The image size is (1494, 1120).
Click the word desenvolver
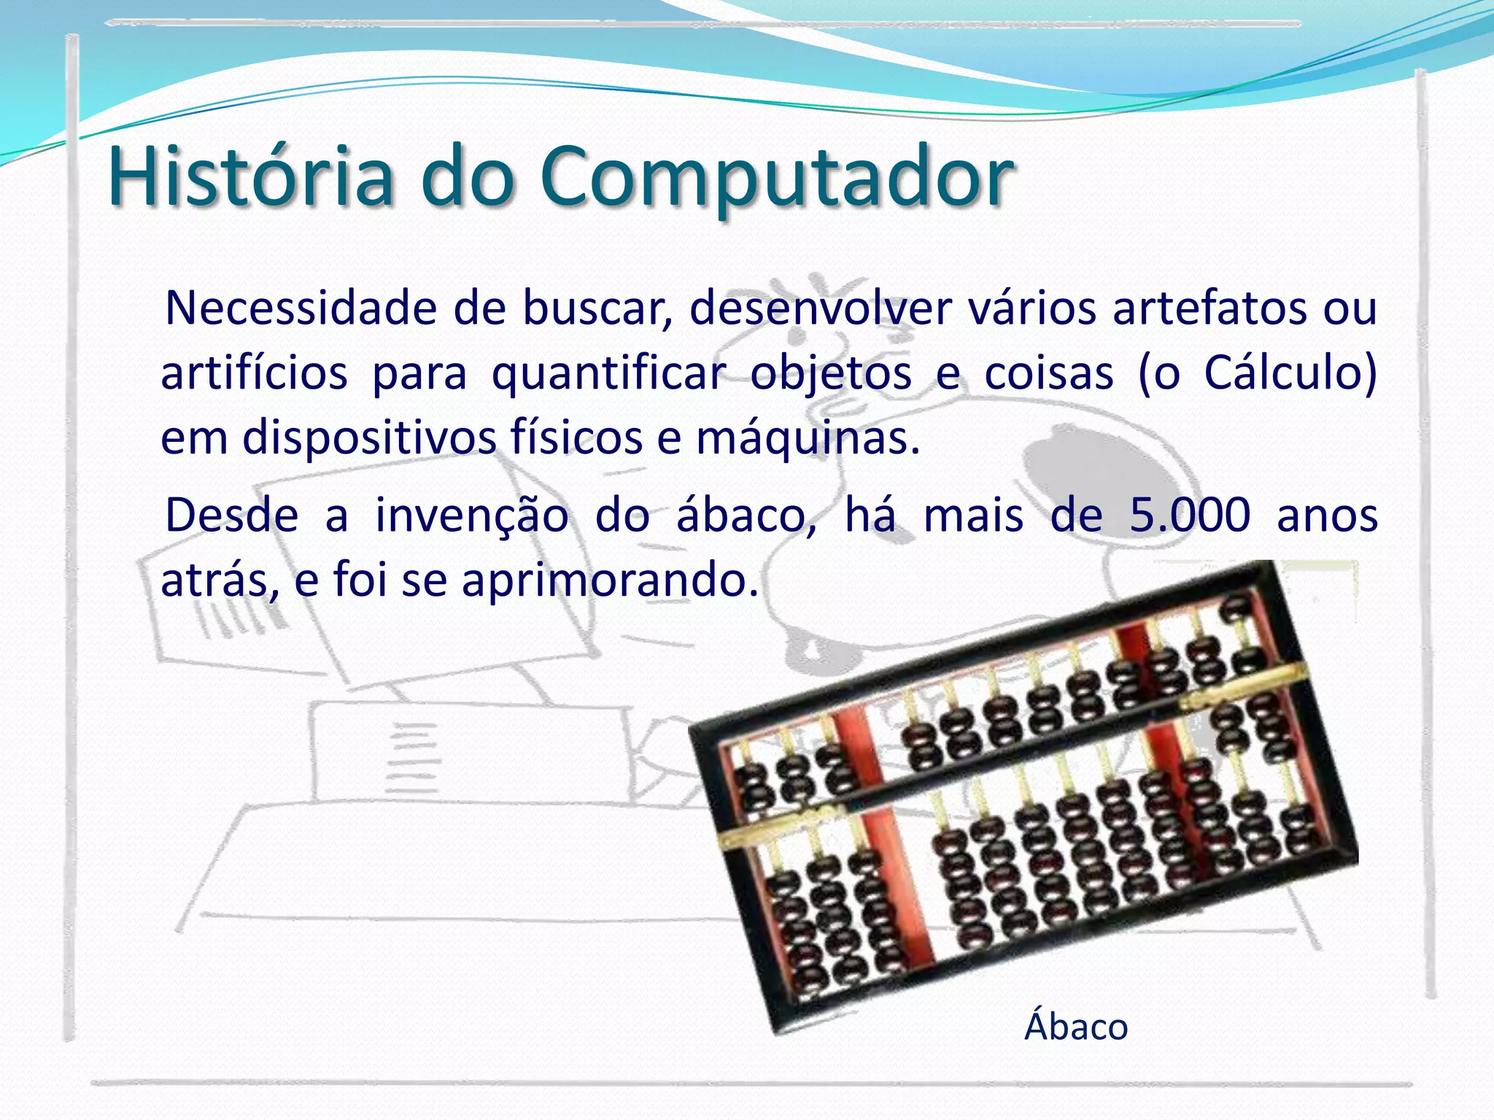821,308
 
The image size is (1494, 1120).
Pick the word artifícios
254,373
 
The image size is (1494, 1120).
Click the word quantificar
609,375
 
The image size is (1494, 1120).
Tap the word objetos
831,375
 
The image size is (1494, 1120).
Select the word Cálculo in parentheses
1281,373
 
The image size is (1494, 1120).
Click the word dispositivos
368,439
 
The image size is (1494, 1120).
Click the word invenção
471,516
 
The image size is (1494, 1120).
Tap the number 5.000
1190,515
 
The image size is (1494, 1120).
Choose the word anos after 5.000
1327,516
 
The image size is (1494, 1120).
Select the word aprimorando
610,582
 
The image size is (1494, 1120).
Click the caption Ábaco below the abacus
1076,1027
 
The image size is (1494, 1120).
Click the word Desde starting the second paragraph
232,515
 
